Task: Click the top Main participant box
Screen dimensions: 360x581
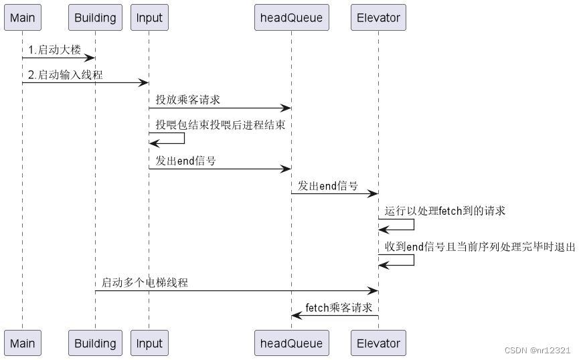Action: coord(22,17)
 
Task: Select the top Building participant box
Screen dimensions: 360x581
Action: coord(95,17)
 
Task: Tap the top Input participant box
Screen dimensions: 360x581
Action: coord(149,17)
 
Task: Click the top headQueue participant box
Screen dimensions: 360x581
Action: coord(291,17)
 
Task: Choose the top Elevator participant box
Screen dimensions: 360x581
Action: coord(378,17)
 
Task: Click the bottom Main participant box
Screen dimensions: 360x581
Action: coord(22,343)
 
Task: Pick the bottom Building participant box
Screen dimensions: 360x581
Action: coord(95,343)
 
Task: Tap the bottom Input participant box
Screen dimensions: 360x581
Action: coord(149,343)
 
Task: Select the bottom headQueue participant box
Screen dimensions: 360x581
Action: coord(291,343)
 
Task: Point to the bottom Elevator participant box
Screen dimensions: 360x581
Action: coord(378,343)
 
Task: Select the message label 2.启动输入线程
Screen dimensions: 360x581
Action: coord(65,75)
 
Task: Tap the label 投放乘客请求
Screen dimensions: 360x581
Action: coord(188,100)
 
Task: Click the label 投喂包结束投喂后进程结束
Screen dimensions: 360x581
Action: coord(220,124)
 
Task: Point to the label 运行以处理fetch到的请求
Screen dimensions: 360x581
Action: coord(445,211)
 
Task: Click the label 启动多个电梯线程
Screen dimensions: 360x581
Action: coord(145,282)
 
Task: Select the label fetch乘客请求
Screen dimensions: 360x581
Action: coord(339,308)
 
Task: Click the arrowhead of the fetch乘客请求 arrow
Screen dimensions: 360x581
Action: coord(295,315)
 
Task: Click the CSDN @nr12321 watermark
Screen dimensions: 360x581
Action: coord(537,350)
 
